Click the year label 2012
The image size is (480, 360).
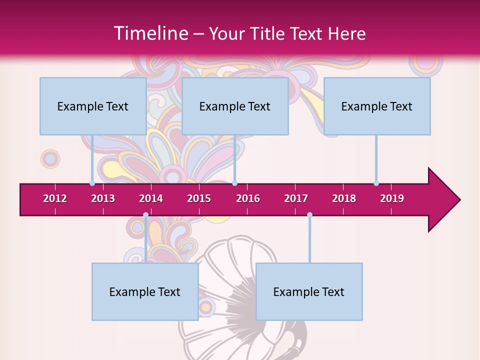click(55, 198)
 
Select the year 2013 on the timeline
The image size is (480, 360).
click(103, 198)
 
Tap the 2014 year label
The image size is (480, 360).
click(151, 198)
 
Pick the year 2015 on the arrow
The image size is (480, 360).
click(199, 198)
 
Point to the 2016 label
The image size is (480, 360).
click(248, 198)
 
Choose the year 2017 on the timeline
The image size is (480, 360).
click(296, 198)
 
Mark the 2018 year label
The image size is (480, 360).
click(344, 198)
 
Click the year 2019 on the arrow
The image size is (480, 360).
click(392, 198)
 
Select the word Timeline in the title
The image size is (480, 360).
click(150, 33)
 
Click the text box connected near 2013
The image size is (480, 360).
click(93, 106)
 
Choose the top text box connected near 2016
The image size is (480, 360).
click(235, 106)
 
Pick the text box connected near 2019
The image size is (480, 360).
click(377, 106)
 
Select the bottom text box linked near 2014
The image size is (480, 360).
click(145, 291)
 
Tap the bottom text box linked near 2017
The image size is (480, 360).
click(309, 291)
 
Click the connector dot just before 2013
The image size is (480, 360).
click(92, 183)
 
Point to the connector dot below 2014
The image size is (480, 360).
click(145, 215)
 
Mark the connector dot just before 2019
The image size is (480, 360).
click(376, 183)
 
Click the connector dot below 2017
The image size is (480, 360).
click(309, 215)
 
